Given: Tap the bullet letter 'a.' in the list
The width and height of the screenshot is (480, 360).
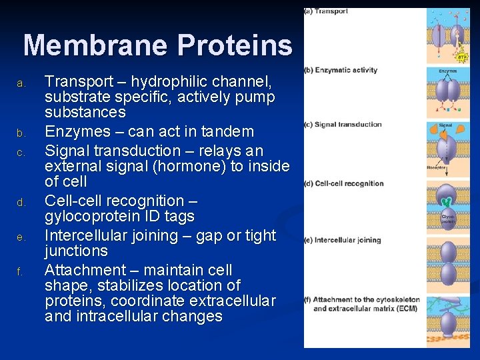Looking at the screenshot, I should click(21, 84).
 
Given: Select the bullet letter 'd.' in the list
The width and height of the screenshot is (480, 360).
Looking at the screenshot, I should click(21, 202).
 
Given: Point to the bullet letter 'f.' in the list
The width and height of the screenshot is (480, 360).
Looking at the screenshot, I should click(21, 272).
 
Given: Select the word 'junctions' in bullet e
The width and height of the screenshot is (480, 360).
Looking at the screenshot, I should click(76, 251).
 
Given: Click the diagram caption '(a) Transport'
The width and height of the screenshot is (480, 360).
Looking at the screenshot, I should click(326, 11).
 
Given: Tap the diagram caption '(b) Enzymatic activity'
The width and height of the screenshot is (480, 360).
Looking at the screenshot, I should click(341, 70).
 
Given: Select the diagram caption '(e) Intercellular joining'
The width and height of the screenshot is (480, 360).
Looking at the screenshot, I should click(343, 240).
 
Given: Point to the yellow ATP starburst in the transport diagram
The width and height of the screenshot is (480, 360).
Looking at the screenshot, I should click(462, 57).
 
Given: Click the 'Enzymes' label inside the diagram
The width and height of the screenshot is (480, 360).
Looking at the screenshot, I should click(447, 71).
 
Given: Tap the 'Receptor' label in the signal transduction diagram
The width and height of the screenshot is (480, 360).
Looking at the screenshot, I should click(437, 168).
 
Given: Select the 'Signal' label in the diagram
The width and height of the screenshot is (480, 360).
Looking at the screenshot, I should click(445, 125).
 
